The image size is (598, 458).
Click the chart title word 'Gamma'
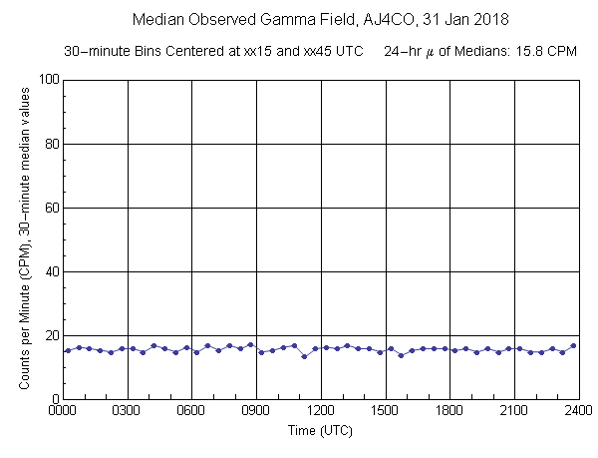pos(291,19)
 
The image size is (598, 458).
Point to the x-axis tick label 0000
pos(63,410)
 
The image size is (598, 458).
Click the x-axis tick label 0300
pos(128,410)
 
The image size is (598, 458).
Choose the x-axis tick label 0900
pos(256,410)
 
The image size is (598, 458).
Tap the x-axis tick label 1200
pos(321,410)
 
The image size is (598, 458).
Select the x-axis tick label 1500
pos(385,410)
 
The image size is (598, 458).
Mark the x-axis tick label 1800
pos(449,410)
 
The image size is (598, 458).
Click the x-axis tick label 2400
pos(578,410)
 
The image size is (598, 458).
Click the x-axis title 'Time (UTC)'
pos(321,432)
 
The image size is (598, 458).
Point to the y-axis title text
pos(17,239)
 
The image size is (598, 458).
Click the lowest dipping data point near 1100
pos(304,356)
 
